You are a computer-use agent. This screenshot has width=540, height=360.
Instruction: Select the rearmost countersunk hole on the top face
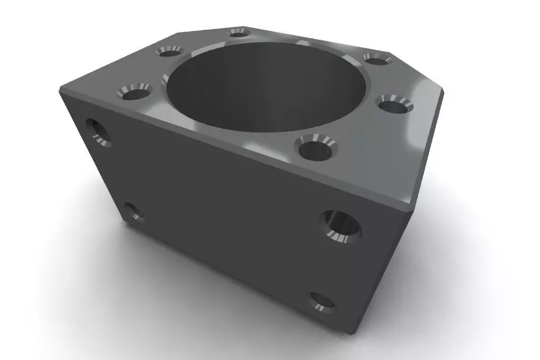click(239, 32)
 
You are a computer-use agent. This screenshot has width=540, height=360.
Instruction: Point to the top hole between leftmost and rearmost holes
click(168, 51)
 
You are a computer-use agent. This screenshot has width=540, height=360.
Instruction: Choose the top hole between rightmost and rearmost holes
click(377, 58)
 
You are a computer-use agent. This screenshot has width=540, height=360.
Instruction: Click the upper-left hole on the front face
click(98, 131)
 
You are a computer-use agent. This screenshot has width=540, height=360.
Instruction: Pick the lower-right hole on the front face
click(323, 302)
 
